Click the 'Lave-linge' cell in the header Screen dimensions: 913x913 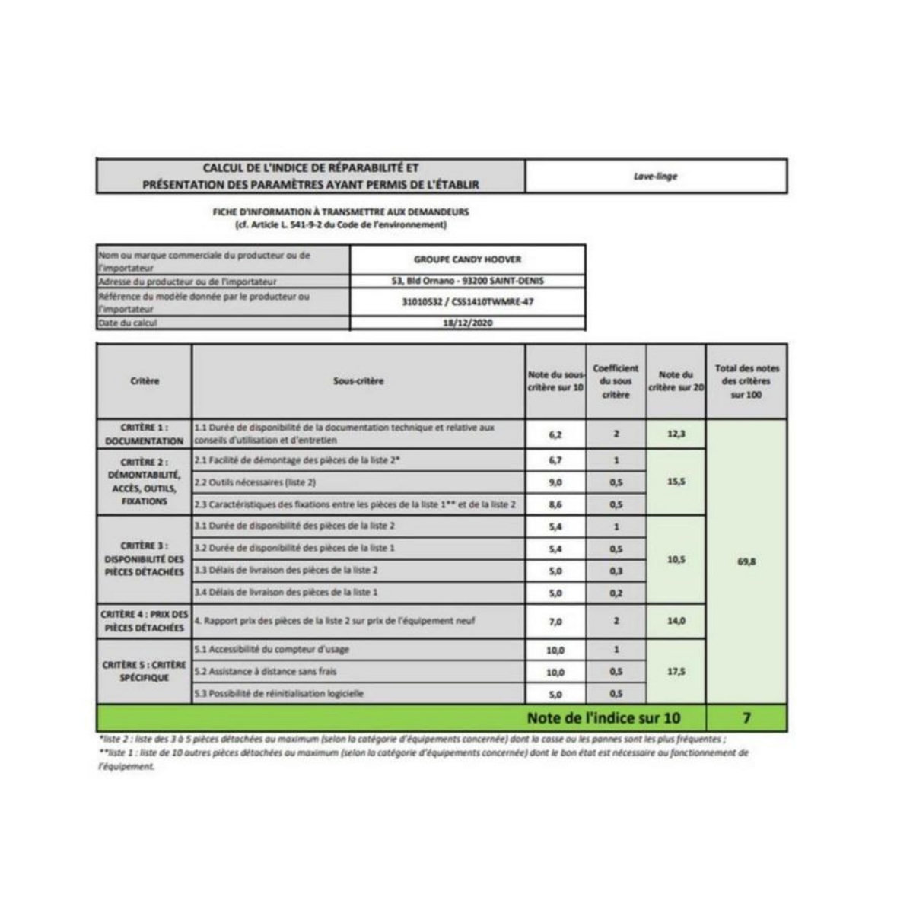(655, 177)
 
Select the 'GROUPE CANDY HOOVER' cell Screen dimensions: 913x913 (468, 259)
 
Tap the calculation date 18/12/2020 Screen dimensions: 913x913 (468, 323)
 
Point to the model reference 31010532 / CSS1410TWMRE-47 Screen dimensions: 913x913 (468, 302)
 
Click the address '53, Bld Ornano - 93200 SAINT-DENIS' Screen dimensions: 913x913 (468, 281)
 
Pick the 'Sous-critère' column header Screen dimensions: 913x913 (358, 380)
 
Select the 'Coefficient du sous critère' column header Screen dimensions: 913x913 (616, 380)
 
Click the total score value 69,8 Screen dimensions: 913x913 (746, 561)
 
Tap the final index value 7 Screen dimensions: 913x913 (746, 717)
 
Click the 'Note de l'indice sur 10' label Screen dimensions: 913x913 (604, 717)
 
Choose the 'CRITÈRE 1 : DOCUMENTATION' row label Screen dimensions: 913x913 (145, 434)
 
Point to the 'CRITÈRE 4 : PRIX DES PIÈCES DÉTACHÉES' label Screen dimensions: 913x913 (145, 621)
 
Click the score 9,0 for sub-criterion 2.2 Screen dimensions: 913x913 (555, 482)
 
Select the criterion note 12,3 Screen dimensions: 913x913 (676, 434)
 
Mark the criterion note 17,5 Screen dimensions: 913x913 (676, 672)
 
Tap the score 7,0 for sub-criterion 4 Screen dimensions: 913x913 (555, 622)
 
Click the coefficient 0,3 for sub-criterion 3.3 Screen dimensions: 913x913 (616, 571)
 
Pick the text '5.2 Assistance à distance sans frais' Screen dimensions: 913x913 (266, 672)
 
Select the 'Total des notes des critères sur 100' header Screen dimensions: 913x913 (746, 380)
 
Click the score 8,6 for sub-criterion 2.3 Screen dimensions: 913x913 (555, 504)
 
